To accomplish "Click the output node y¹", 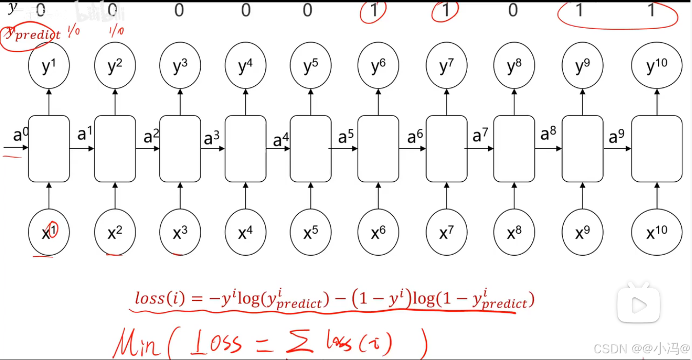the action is coord(49,67).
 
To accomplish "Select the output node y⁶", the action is coord(378,67).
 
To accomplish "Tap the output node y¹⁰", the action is coord(657,67).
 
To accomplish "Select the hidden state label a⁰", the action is coord(21,135).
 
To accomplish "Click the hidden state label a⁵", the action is coord(346,137).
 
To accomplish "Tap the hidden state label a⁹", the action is coord(617,137).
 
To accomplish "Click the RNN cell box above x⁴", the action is coord(245,148).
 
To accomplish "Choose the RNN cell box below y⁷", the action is coord(446,148).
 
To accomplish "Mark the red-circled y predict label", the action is coord(30,34).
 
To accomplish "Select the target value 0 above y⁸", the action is coord(512,10).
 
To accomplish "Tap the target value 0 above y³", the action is coord(179,10).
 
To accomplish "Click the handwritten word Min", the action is coord(136,343).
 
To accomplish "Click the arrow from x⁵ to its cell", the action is coord(310,196).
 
